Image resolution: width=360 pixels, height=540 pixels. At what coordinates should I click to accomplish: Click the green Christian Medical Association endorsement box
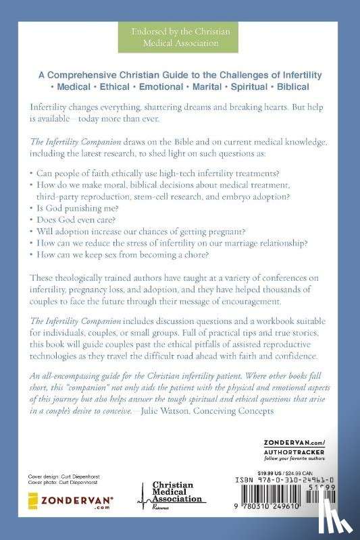click(180, 38)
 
